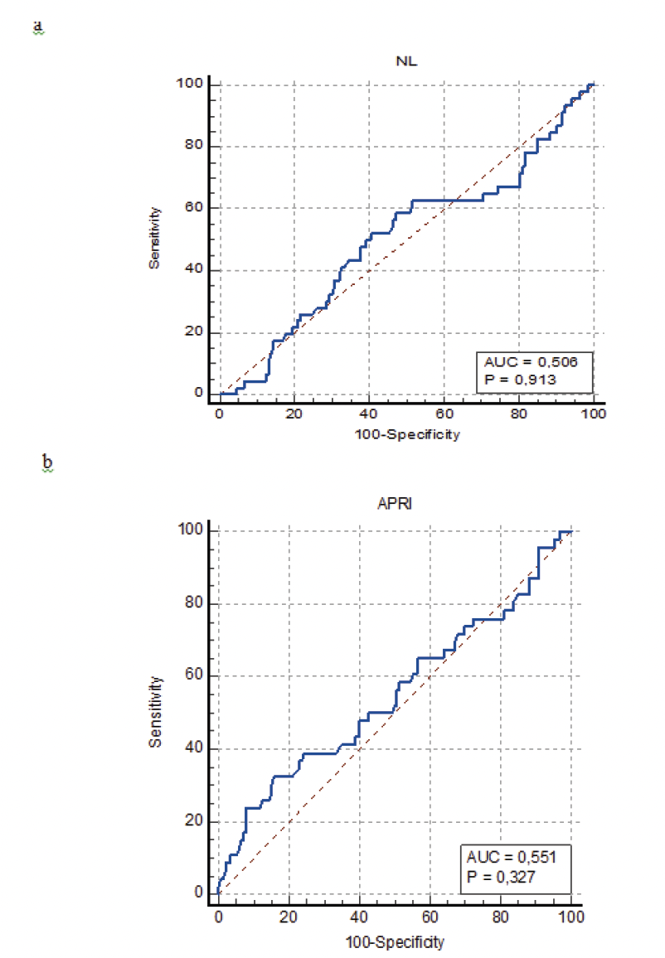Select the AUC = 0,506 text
tap(539, 361)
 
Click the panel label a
tap(37, 27)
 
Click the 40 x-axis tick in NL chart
tap(369, 414)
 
